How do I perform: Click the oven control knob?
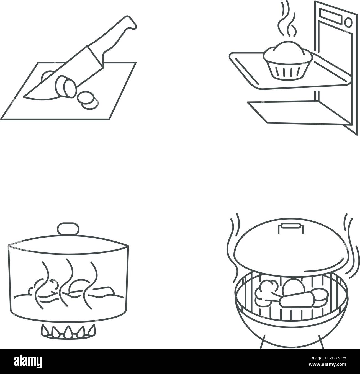click(x=349, y=21)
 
